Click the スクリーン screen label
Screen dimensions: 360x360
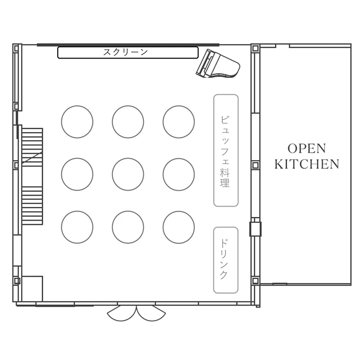(125, 52)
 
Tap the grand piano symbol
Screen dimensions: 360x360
(217, 64)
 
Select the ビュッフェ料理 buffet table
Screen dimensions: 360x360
(226, 150)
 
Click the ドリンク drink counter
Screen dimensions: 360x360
(226, 260)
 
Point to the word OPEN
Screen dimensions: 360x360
(307, 148)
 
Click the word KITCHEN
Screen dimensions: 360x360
(307, 164)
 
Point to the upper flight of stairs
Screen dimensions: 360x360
(32, 147)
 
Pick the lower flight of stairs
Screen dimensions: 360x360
(32, 205)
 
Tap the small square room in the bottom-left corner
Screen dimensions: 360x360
(32, 288)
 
